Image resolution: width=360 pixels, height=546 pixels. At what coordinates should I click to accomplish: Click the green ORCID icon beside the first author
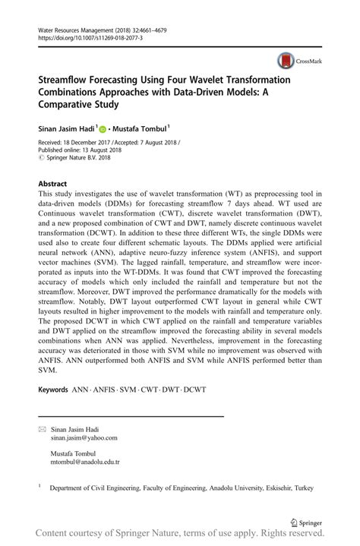click(x=104, y=129)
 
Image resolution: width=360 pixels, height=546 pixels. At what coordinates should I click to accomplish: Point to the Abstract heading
click(x=52, y=184)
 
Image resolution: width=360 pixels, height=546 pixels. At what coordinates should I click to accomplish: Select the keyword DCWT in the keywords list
click(x=194, y=390)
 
